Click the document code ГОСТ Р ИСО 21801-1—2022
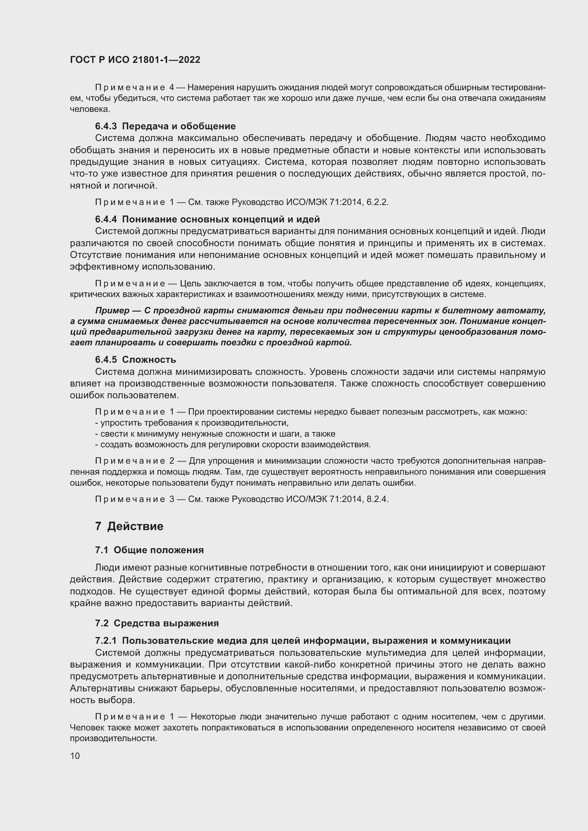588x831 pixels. click(135, 60)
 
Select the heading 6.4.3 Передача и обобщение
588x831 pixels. click(165, 126)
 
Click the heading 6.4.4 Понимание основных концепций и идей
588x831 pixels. click(207, 219)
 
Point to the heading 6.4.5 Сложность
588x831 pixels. click(135, 360)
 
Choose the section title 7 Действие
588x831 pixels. click(129, 526)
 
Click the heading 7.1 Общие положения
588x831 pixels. click(149, 550)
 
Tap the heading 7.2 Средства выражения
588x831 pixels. click(157, 623)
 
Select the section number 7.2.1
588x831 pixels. click(106, 641)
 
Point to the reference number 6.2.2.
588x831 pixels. click(377, 202)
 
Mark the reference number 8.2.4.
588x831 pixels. click(377, 499)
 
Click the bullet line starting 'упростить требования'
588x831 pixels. click(192, 423)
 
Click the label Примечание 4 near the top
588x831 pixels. click(134, 88)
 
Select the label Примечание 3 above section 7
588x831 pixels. click(134, 499)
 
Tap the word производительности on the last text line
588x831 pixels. click(113, 738)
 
